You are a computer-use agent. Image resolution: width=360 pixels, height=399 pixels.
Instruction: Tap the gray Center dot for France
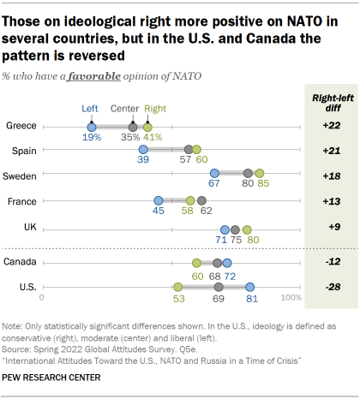pos(201,200)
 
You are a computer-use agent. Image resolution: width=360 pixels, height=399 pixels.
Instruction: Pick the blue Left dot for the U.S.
pos(250,288)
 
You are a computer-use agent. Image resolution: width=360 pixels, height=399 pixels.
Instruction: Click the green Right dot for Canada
pos(196,263)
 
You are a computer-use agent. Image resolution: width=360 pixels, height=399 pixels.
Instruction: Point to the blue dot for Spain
pos(142,150)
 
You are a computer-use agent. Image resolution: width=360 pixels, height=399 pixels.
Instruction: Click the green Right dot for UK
pos(247,229)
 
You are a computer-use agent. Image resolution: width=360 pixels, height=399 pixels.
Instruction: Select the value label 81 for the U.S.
pos(251,300)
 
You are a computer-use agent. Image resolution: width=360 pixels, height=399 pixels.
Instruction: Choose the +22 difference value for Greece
pos(331,126)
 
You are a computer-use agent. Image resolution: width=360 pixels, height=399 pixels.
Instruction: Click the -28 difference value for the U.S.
pos(331,288)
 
